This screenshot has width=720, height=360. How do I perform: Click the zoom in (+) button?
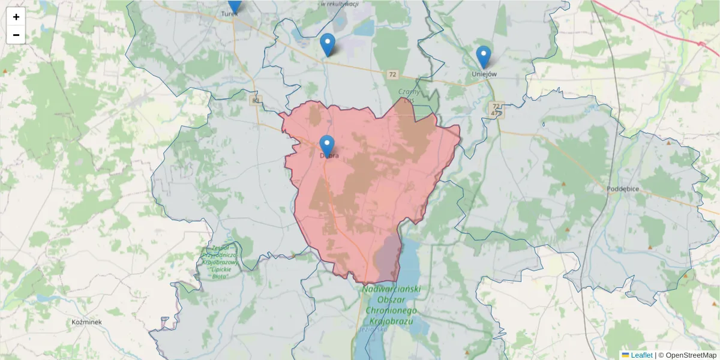pyautogui.click(x=16, y=17)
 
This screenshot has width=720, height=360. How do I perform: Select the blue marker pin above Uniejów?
pyautogui.click(x=483, y=56)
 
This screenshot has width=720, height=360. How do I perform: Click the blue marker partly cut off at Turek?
pyautogui.click(x=235, y=5)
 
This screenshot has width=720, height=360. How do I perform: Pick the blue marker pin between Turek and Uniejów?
pyautogui.click(x=327, y=44)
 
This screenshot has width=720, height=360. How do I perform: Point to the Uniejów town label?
pyautogui.click(x=484, y=74)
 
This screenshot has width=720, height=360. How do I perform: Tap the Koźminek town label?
pyautogui.click(x=86, y=322)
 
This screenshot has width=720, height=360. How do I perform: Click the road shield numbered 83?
pyautogui.click(x=256, y=101)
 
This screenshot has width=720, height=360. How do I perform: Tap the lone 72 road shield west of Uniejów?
pyautogui.click(x=392, y=74)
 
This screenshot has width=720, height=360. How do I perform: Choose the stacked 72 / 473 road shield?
pyautogui.click(x=496, y=109)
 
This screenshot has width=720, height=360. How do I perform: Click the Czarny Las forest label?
pyautogui.click(x=409, y=96)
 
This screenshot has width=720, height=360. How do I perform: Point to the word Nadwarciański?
pyautogui.click(x=391, y=290)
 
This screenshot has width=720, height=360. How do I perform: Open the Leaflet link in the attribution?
pyautogui.click(x=641, y=355)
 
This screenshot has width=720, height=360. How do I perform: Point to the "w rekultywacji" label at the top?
pyautogui.click(x=340, y=4)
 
